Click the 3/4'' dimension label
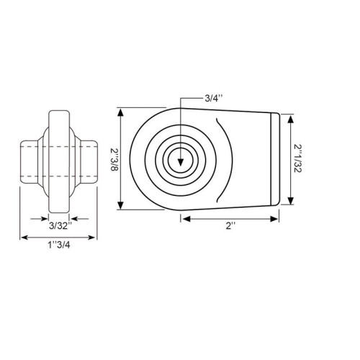coord(214,99)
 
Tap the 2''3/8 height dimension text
coord(114,159)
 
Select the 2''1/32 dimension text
coord(298,158)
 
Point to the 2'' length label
coord(230,226)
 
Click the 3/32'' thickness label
coord(60,226)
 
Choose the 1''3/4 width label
coord(59,245)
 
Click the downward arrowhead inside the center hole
coord(181,163)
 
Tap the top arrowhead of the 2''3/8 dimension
coord(121,112)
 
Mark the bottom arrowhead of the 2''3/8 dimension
coord(121,205)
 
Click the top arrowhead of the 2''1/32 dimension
coord(291,120)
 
